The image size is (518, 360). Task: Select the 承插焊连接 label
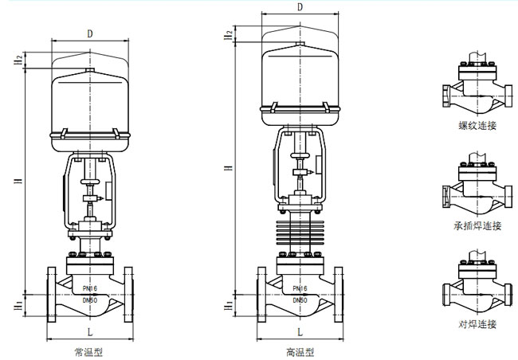click(x=477, y=226)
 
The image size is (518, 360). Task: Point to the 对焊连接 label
click(x=477, y=324)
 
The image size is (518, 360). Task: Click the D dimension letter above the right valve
click(x=299, y=6)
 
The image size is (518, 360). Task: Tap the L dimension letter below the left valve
click(x=91, y=331)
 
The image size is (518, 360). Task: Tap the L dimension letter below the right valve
click(x=300, y=331)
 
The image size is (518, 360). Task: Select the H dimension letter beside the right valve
click(x=229, y=168)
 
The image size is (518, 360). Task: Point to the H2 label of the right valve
click(x=229, y=34)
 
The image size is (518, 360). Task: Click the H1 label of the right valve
click(x=229, y=305)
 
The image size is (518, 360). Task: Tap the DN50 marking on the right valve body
click(x=300, y=300)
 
